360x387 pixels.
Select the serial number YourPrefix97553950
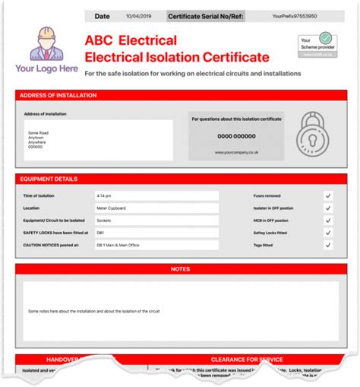click(x=295, y=15)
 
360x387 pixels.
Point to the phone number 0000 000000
click(x=236, y=136)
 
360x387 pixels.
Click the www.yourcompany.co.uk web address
click(x=236, y=152)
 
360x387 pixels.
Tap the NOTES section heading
click(x=180, y=269)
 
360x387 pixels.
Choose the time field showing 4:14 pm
click(x=156, y=195)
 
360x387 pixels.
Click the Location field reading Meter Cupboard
click(x=156, y=208)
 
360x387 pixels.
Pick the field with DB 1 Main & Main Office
click(x=156, y=246)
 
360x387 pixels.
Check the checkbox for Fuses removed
click(x=328, y=195)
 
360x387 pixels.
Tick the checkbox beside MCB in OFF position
click(x=328, y=220)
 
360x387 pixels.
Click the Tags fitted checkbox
click(x=328, y=246)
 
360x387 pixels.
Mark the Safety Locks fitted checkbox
click(x=328, y=233)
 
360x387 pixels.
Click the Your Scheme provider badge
click(x=317, y=45)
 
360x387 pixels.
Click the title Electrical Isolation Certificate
click(x=177, y=56)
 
